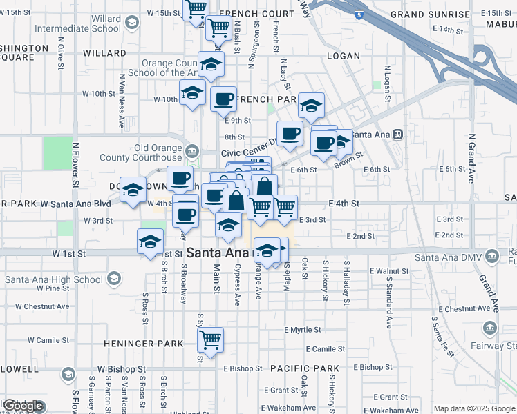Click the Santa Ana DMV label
449,258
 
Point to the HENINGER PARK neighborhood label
143,344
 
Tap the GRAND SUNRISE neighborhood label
429,14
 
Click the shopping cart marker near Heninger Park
210,339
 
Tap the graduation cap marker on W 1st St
151,243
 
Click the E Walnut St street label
389,271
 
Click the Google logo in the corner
23,406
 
